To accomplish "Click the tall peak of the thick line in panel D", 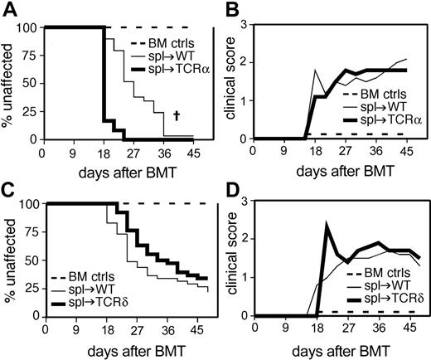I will point(327,225).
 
